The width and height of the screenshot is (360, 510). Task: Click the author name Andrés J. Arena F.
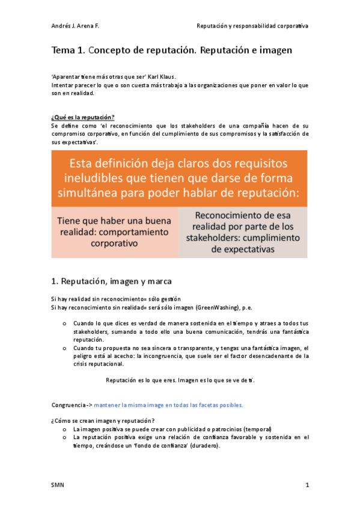[x=77, y=26]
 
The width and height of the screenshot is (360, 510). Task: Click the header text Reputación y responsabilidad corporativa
[x=252, y=26]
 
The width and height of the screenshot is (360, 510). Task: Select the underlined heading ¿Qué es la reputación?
[x=82, y=117]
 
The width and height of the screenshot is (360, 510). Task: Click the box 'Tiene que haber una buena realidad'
[x=114, y=232]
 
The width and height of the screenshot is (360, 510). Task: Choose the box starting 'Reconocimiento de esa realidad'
[x=243, y=232]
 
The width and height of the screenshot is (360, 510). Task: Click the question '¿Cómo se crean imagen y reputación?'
[x=103, y=420]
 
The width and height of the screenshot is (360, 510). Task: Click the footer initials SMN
[x=58, y=485]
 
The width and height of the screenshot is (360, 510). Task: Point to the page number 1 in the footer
[x=307, y=485]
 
